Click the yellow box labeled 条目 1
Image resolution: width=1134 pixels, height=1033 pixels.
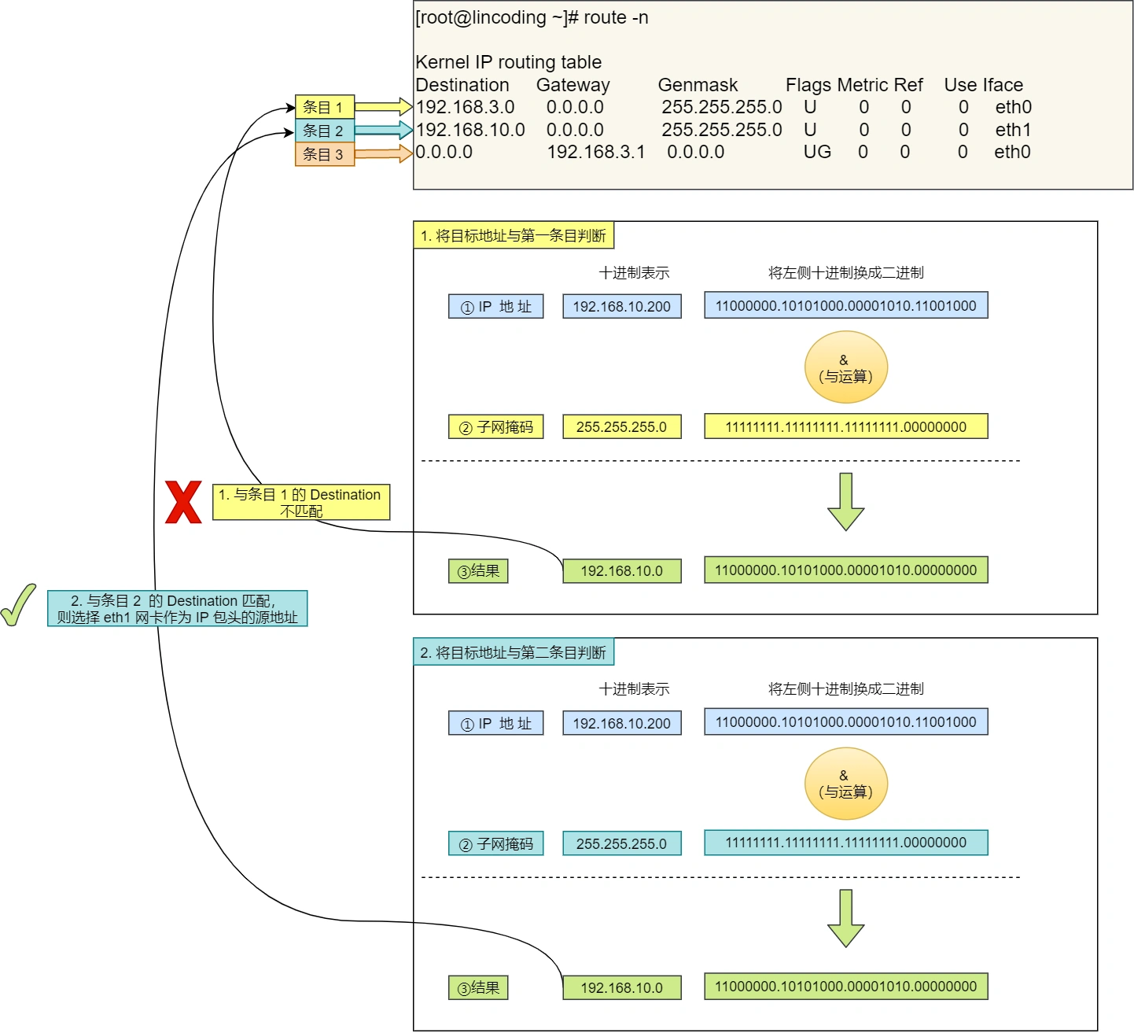[325, 106]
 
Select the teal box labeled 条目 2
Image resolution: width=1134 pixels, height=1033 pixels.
[325, 130]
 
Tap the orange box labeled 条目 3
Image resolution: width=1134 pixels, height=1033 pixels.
[325, 154]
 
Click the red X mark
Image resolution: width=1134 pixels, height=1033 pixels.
[183, 501]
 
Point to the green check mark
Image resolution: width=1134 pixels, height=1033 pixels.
[18, 605]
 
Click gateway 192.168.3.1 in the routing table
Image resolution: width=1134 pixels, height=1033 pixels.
[596, 152]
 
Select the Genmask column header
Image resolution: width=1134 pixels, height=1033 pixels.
[698, 85]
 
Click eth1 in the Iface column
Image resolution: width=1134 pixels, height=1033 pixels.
[1013, 130]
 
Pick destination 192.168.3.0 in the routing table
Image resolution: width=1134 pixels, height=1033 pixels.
[466, 107]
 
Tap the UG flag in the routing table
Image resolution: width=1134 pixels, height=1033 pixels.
[817, 152]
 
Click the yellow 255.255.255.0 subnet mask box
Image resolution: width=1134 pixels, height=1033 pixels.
[622, 426]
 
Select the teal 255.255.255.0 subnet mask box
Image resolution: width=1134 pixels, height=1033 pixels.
[622, 843]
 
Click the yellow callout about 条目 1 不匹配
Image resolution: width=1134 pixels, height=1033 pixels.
[301, 502]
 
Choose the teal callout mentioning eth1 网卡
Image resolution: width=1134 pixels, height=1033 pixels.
[178, 608]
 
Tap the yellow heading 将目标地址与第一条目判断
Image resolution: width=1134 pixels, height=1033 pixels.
[514, 235]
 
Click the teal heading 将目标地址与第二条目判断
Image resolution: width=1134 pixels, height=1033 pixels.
[514, 652]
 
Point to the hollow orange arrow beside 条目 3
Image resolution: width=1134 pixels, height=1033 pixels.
[384, 153]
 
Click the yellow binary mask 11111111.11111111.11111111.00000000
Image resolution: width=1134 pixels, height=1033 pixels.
[845, 426]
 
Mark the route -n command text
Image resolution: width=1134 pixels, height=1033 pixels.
[616, 17]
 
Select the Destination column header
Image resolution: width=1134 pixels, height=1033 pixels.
[462, 85]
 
